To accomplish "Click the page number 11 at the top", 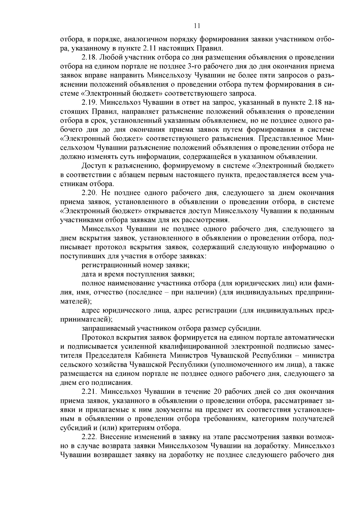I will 197,26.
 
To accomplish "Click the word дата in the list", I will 89,274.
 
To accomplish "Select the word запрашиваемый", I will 108,328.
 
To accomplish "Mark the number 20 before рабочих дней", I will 217,392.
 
